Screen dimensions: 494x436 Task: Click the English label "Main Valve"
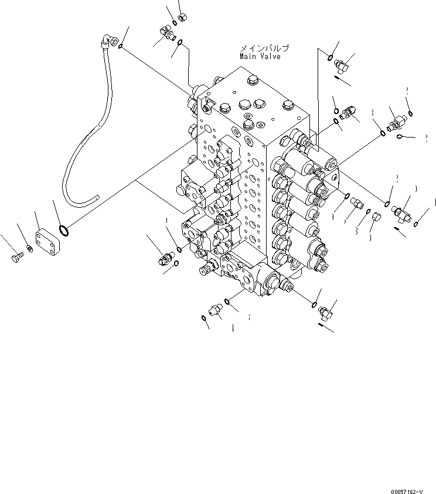260,57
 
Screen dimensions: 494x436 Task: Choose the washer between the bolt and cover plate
30,249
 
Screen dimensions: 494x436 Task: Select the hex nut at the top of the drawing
182,18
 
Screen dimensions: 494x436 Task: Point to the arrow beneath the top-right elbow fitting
343,78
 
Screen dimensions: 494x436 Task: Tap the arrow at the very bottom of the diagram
325,328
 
